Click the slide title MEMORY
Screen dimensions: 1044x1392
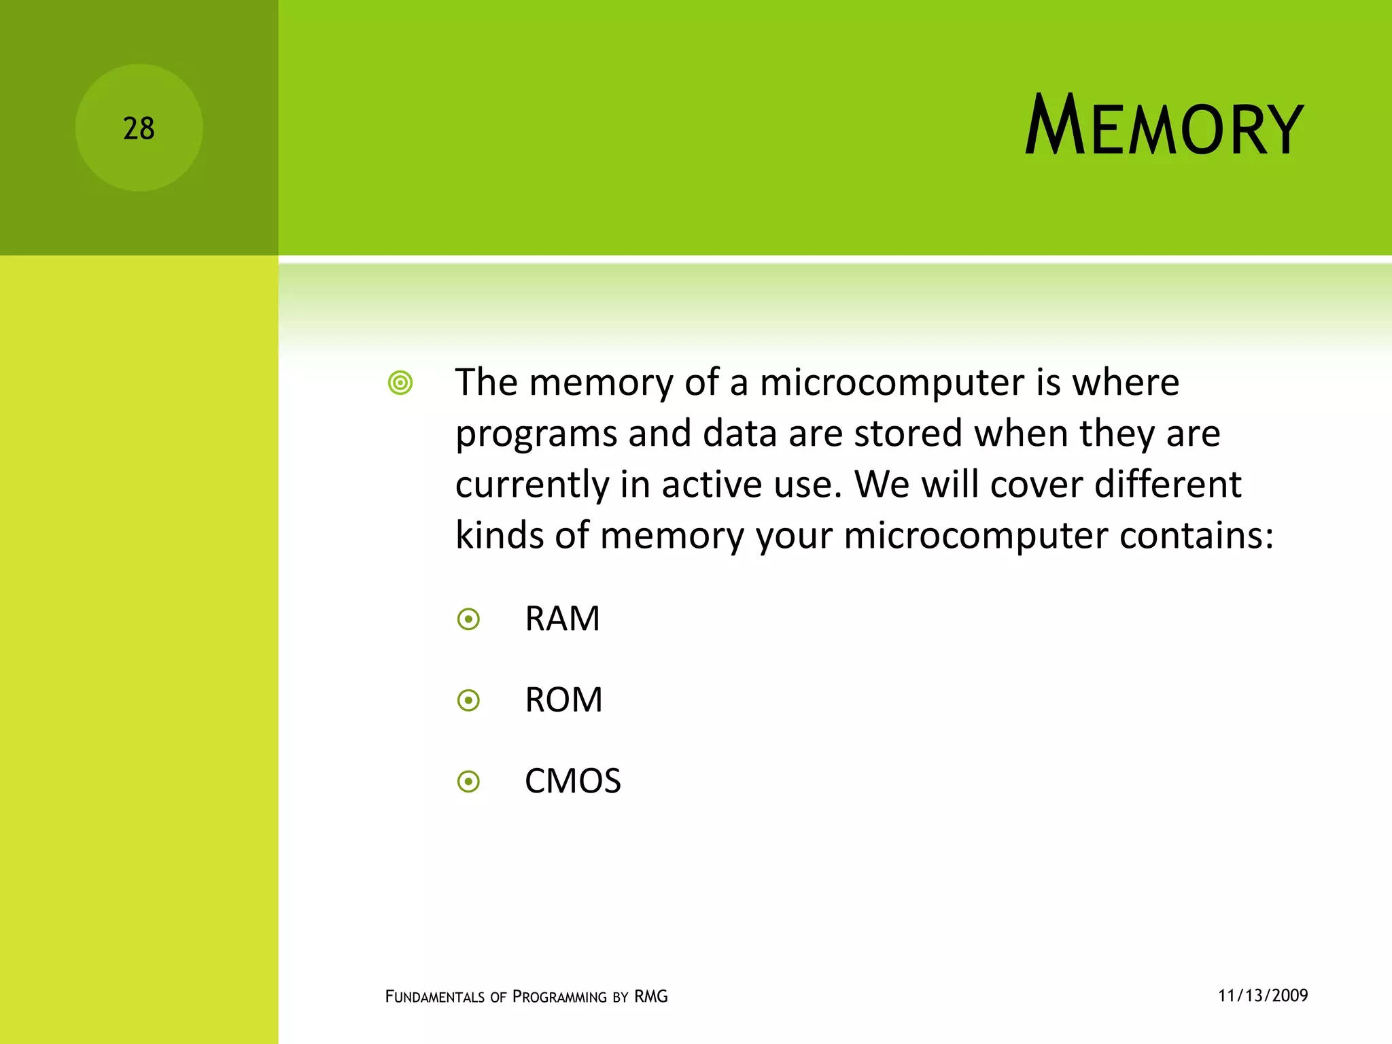[x=1164, y=127]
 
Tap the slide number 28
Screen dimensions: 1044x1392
[x=139, y=128]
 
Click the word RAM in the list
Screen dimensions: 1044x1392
[x=562, y=619]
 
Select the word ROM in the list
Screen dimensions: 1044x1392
[x=563, y=700]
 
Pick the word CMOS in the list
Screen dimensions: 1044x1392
[x=572, y=781]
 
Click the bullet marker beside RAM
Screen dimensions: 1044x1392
[x=468, y=619]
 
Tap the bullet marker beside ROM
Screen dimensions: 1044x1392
[x=468, y=700]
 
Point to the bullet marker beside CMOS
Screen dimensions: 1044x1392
[x=468, y=782]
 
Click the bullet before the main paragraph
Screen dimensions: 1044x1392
[x=400, y=383]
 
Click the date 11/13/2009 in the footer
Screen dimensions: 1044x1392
[x=1263, y=996]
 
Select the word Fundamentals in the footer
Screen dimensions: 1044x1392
[x=435, y=997]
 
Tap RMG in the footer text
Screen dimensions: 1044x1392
[x=651, y=996]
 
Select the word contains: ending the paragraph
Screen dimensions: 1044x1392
[x=1196, y=536]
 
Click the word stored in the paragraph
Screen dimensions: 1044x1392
[x=908, y=434]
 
